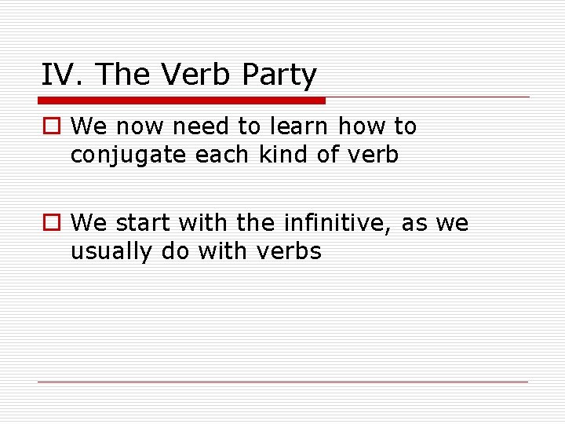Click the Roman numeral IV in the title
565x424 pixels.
click(x=59, y=75)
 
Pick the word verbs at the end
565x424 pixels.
click(x=293, y=251)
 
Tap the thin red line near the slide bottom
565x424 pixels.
click(x=282, y=382)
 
